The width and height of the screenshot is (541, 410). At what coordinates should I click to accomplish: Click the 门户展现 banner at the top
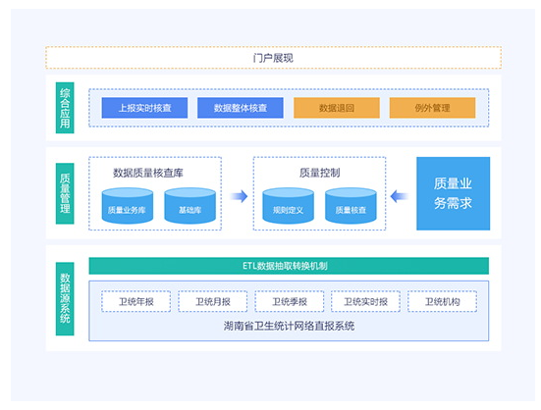(x=273, y=58)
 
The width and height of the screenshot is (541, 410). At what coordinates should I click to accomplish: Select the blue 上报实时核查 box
(x=144, y=108)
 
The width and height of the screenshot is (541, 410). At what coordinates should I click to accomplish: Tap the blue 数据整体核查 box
(x=241, y=108)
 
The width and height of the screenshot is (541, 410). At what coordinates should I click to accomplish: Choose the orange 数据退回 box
(x=337, y=108)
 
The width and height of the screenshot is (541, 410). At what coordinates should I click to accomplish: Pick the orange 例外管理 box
(x=432, y=108)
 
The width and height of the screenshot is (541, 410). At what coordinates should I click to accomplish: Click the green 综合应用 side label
(x=65, y=108)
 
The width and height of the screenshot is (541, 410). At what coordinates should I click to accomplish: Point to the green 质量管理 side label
(x=65, y=193)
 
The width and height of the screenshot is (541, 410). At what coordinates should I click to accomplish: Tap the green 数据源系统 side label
(x=65, y=298)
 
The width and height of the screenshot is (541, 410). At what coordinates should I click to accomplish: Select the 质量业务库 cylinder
(x=128, y=206)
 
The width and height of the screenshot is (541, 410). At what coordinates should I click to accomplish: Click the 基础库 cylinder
(x=190, y=206)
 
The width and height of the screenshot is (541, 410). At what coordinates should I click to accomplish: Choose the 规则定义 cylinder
(x=288, y=206)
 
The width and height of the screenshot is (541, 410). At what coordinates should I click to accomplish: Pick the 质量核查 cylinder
(x=351, y=206)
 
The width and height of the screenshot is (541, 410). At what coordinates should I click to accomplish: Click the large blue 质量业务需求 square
(x=453, y=193)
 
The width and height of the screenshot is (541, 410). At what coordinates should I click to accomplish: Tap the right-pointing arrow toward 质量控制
(x=239, y=196)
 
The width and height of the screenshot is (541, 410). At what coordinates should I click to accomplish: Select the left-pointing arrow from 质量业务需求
(x=400, y=196)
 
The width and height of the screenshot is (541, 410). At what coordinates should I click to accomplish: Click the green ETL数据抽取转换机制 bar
(x=289, y=266)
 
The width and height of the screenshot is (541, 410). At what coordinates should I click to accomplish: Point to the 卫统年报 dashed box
(x=135, y=301)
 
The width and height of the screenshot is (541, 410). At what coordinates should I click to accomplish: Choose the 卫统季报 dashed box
(x=289, y=301)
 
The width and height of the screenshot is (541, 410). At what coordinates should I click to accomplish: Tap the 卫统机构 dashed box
(x=442, y=301)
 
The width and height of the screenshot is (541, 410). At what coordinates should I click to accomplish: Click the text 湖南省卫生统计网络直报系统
(x=289, y=326)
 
